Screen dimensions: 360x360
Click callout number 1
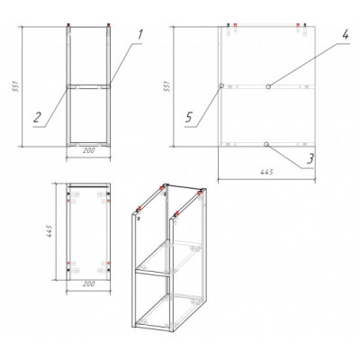point(139,34)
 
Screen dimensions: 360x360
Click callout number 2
point(37,117)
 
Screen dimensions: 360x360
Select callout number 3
point(310,158)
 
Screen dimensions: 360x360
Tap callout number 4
point(346,34)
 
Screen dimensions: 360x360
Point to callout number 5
point(188,117)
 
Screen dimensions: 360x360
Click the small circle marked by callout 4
point(268,86)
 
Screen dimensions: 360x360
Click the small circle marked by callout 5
point(221,85)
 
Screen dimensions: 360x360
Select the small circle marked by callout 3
point(266,145)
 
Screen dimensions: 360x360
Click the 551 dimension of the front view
point(16,86)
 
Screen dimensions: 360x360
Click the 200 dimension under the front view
point(88,151)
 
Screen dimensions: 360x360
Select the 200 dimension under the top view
point(88,283)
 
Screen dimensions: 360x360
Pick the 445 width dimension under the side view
point(267,172)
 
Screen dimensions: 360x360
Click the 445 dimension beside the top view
point(49,231)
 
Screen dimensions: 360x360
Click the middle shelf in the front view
point(88,86)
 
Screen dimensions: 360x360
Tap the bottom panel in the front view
point(88,145)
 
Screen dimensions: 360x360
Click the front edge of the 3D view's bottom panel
point(153,327)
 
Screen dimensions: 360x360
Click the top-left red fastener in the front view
point(68,25)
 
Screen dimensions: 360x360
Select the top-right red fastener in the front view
point(108,25)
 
